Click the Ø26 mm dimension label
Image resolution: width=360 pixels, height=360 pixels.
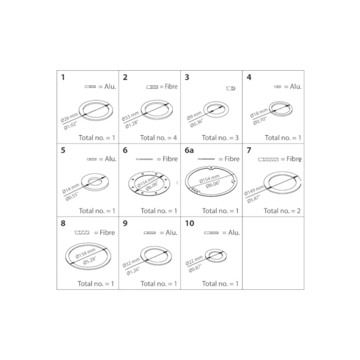[69, 117]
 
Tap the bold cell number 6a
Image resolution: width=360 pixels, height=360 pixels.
[189, 150]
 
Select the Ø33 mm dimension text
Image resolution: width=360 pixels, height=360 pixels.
[130, 116]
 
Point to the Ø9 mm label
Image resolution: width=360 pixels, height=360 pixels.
[194, 115]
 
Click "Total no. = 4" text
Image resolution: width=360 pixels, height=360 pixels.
[159, 138]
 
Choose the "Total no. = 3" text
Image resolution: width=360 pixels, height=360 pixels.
[220, 138]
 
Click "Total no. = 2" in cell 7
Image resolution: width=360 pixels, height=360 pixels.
[282, 211]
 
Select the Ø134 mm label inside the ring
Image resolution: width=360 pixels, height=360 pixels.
[85, 253]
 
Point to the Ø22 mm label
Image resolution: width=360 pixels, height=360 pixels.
[194, 261]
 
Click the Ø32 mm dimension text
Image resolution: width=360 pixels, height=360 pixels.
[131, 262]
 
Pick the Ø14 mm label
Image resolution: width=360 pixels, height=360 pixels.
[71, 188]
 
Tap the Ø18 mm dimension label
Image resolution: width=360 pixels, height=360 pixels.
[259, 113]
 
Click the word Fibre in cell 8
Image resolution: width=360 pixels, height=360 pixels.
[107, 233]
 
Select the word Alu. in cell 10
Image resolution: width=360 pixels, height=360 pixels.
[234, 233]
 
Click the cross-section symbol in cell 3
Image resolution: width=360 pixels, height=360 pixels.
[231, 88]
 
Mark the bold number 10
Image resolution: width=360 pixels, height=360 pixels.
[189, 223]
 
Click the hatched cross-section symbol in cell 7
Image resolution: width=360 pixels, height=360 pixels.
[268, 159]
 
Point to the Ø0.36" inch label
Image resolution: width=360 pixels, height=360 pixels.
[197, 123]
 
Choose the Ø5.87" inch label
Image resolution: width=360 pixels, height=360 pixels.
[253, 199]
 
